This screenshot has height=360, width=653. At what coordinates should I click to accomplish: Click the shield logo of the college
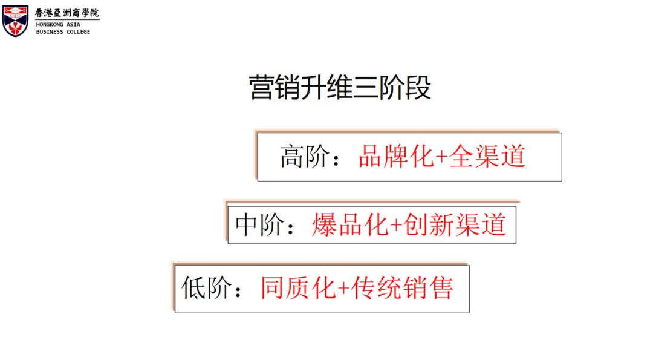(16, 21)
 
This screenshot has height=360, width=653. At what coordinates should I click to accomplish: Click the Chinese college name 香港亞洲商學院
(67, 12)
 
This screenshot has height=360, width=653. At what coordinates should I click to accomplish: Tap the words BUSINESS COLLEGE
(63, 32)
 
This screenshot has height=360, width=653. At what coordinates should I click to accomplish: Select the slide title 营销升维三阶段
(340, 88)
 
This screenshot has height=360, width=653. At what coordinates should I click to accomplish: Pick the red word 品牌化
(396, 157)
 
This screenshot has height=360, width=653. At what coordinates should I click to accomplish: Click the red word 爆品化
(349, 224)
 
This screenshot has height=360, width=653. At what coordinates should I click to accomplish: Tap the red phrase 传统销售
(403, 288)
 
